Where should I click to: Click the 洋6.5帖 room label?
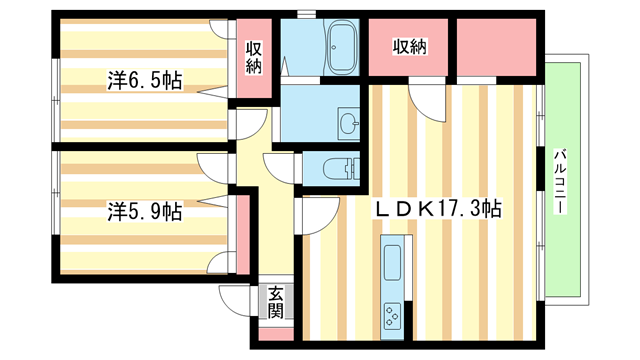[145, 81]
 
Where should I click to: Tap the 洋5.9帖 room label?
[145, 211]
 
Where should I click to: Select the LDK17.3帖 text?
[438, 209]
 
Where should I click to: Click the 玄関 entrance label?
[275, 303]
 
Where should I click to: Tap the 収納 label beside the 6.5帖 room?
[255, 57]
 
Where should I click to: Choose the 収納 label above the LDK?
[410, 46]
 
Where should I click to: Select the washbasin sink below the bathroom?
[349, 124]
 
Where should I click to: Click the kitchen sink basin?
[391, 262]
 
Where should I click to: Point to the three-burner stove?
[391, 315]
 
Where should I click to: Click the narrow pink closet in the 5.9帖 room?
[241, 233]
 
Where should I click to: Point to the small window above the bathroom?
[307, 12]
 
